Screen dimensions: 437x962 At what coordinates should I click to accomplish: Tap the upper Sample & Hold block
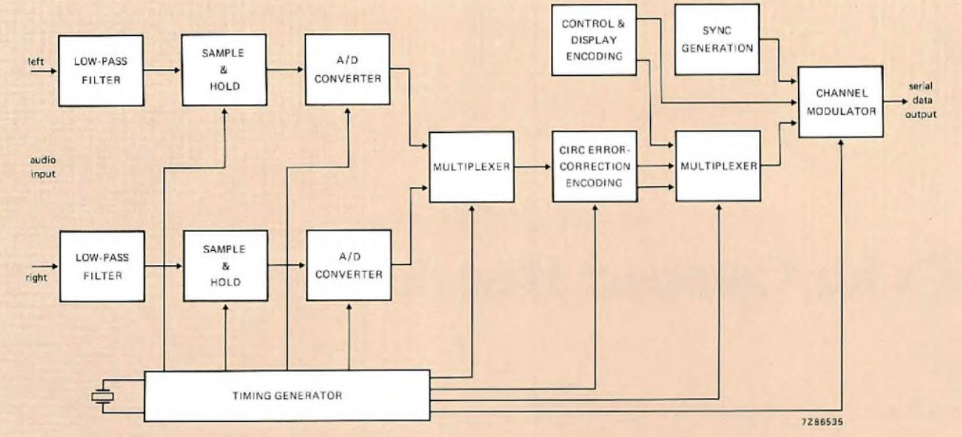pos(224,70)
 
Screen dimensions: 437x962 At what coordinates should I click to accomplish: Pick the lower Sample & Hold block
pos(225,266)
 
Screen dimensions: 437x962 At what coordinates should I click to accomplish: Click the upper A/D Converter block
pos(348,69)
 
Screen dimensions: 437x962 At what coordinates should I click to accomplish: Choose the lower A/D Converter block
pos(349,265)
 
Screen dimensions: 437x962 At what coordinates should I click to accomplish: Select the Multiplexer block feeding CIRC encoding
pos(471,167)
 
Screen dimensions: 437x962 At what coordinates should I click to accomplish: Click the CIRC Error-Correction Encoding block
pos(594,166)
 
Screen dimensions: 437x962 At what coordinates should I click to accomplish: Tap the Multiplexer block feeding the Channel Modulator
pos(718,166)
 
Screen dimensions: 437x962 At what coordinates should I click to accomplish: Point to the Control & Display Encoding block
pos(593,40)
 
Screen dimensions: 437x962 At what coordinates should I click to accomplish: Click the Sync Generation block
pos(717,39)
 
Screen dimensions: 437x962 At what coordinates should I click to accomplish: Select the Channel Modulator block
pos(839,102)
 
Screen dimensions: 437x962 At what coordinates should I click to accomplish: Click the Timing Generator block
pos(286,395)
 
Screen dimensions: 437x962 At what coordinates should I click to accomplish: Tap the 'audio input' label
pos(43,167)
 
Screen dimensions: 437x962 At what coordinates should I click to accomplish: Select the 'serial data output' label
pos(922,101)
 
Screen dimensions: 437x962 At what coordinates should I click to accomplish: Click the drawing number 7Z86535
pos(823,422)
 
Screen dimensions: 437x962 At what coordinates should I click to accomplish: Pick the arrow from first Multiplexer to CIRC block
pos(533,167)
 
